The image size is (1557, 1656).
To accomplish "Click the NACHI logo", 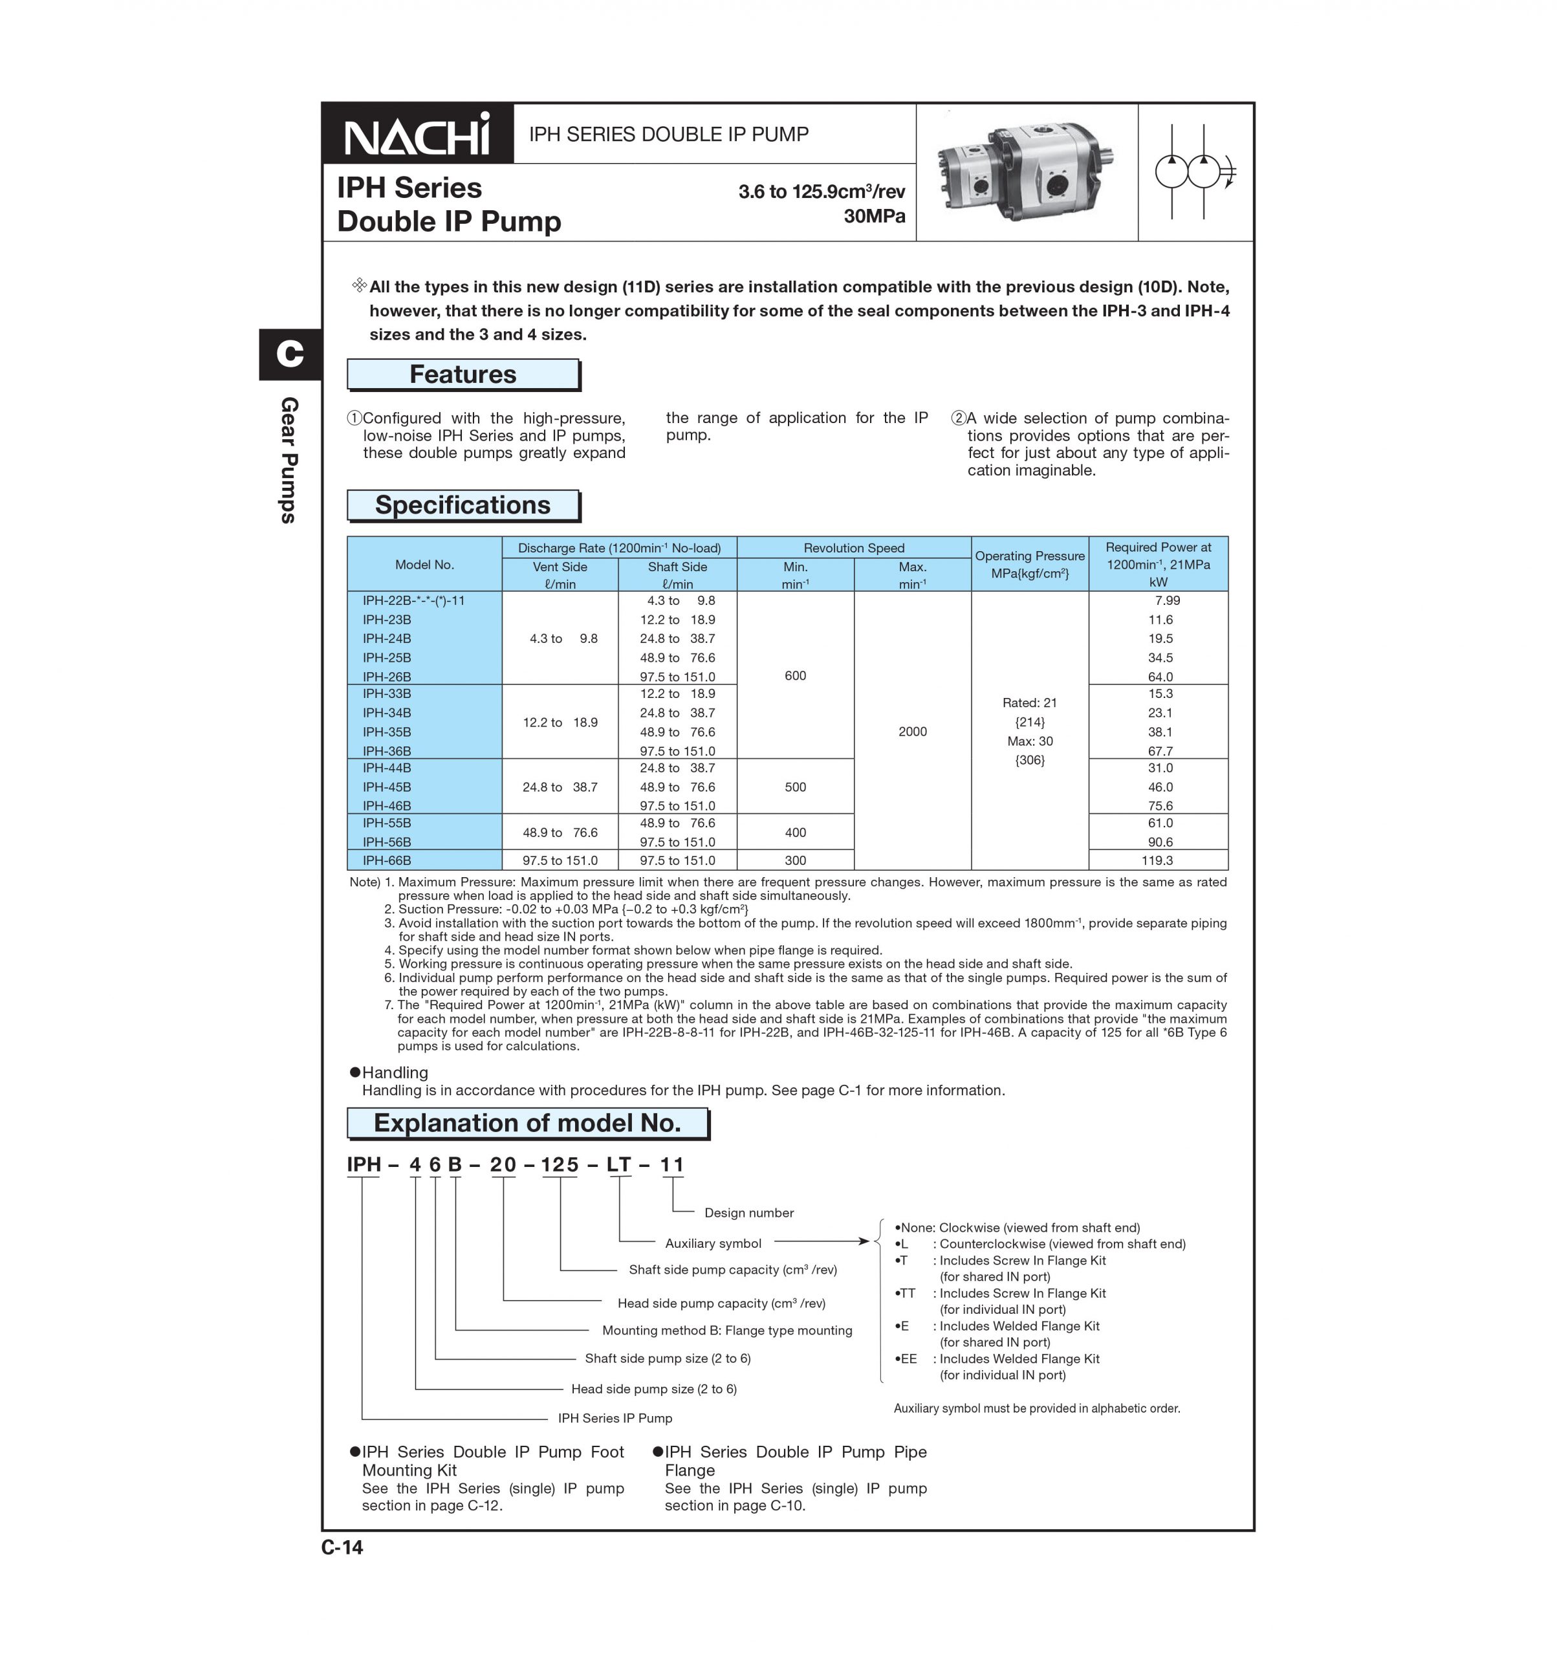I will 417,135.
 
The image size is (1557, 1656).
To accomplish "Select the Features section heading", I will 463,375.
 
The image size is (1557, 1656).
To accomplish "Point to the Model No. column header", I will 424,565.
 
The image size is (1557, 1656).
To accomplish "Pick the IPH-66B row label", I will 387,860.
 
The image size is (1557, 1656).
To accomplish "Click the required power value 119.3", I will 1157,860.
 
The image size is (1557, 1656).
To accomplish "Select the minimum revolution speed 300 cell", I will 795,860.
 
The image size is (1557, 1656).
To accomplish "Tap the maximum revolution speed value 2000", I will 912,732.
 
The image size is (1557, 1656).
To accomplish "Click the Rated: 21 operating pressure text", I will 1030,703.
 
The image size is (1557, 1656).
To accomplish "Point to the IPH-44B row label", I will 387,768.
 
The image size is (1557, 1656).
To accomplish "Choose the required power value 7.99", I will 1166,600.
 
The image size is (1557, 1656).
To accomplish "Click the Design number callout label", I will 748,1213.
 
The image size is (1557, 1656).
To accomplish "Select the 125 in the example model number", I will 559,1164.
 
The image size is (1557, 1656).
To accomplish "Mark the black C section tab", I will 290,354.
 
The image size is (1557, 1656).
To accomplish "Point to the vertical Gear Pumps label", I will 289,460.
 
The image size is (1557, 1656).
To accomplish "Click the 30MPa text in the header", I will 874,217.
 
